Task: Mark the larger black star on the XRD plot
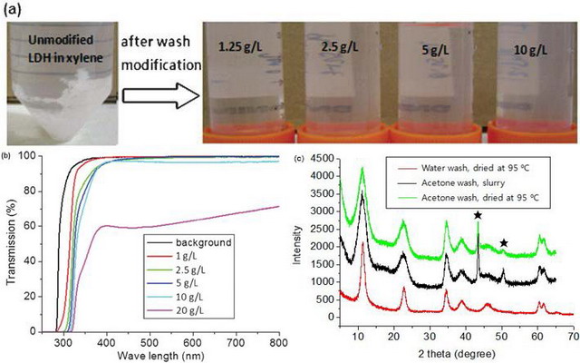478,216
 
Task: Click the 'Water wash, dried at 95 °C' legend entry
444,167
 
